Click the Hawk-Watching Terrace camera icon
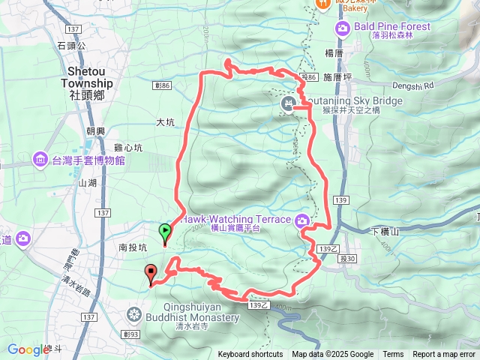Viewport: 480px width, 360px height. tap(301, 220)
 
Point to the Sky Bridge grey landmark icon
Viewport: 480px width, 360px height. tap(287, 104)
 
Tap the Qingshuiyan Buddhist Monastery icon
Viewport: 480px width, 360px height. tap(135, 312)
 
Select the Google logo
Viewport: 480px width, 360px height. tap(28, 349)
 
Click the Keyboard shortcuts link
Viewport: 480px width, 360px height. tap(250, 355)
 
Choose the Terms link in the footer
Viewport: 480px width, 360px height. tap(393, 355)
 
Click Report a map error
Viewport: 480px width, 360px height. tap(444, 355)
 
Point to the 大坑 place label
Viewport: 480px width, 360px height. tap(165, 121)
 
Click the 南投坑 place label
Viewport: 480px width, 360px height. tap(133, 245)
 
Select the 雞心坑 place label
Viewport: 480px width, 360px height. tap(130, 148)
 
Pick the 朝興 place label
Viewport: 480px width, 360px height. tap(94, 130)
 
